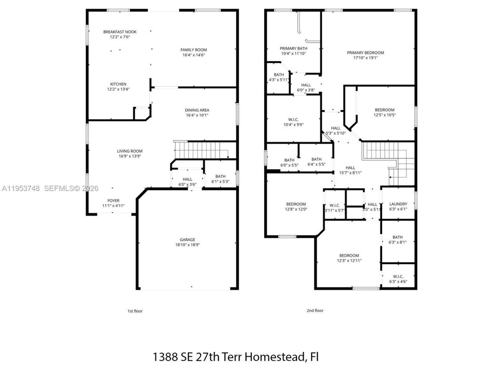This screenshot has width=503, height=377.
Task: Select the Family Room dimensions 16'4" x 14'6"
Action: (x=193, y=55)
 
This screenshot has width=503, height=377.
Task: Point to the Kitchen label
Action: (x=118, y=84)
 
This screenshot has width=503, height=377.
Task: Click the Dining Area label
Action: (x=197, y=110)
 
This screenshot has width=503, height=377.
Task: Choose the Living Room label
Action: (x=130, y=151)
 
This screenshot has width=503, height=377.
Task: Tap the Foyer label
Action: (x=113, y=201)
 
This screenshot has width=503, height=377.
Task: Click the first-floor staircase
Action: (x=200, y=150)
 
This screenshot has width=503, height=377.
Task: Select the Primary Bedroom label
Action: (x=365, y=53)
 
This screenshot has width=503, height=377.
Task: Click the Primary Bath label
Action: (x=293, y=48)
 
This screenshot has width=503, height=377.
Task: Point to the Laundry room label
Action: (x=398, y=204)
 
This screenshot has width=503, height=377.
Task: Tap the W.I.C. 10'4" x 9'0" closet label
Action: (x=293, y=119)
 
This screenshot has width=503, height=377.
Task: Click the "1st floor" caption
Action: (x=135, y=311)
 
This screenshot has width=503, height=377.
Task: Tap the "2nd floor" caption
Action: (x=315, y=311)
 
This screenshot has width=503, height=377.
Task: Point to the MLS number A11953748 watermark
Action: (x=20, y=188)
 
